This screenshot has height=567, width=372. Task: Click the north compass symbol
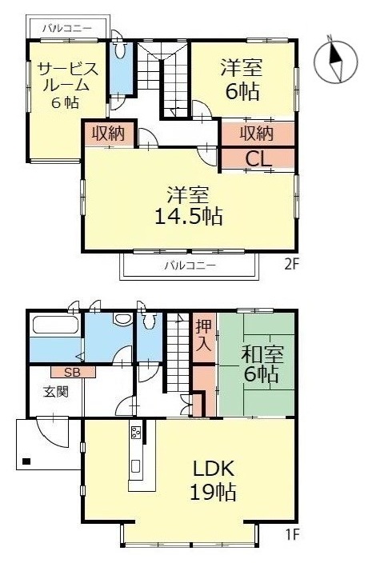click(335, 60)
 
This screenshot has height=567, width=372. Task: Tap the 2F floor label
click(292, 265)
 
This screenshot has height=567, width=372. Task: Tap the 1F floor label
click(292, 534)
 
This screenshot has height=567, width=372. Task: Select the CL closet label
click(258, 158)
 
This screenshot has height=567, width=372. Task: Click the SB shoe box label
click(72, 372)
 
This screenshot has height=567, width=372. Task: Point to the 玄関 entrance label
click(55, 392)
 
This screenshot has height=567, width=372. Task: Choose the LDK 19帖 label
click(214, 481)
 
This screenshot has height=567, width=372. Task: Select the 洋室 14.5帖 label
click(189, 206)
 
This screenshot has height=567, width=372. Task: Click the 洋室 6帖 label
click(242, 79)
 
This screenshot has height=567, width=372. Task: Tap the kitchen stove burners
click(136, 431)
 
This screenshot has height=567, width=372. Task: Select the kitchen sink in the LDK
click(136, 466)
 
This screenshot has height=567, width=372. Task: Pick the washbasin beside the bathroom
click(122, 319)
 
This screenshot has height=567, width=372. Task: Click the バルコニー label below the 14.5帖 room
click(190, 266)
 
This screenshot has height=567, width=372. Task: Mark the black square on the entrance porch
click(26, 461)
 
